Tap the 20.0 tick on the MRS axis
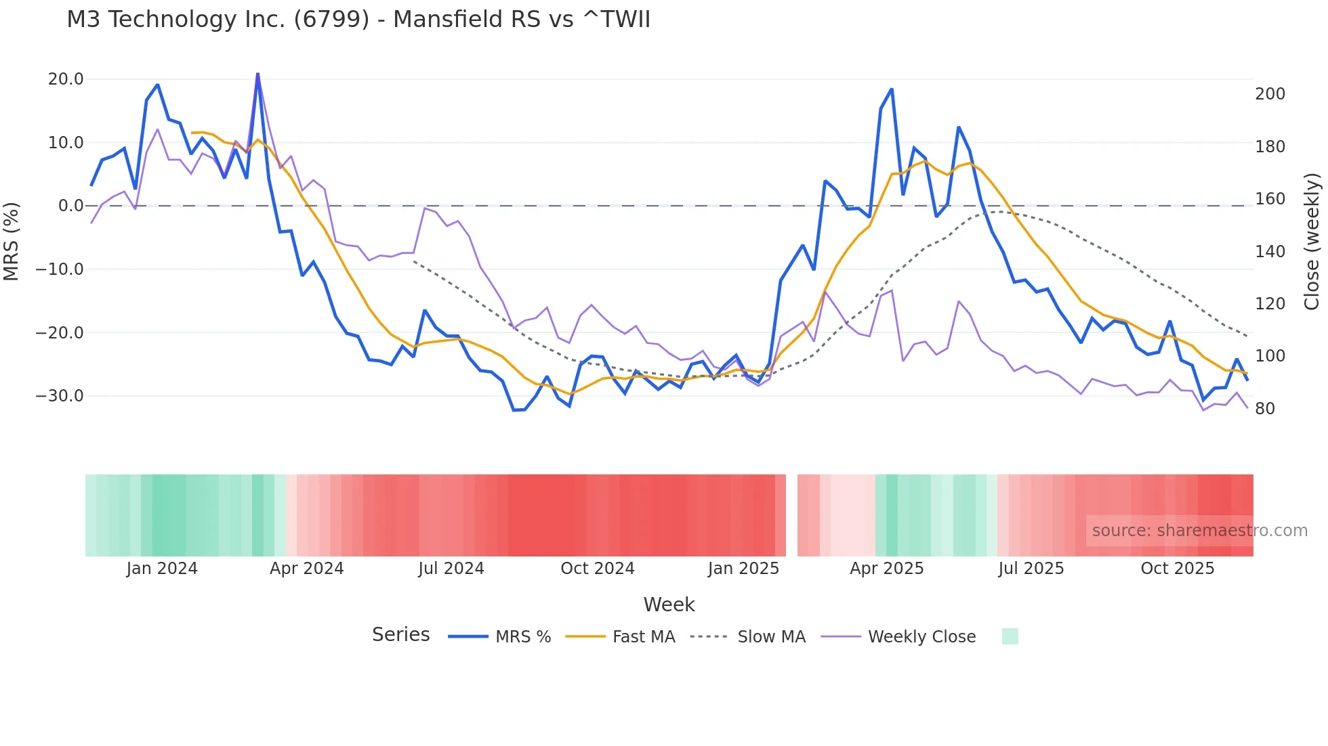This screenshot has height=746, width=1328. click(66, 79)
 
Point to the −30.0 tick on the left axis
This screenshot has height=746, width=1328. click(60, 396)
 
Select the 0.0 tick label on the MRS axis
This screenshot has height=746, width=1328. click(70, 206)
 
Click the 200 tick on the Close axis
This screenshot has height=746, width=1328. click(1270, 94)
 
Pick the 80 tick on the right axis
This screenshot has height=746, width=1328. click(1264, 409)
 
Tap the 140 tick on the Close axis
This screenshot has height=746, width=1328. click(1270, 252)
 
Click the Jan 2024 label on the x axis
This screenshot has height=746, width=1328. click(162, 569)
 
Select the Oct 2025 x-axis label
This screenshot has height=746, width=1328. click(1177, 569)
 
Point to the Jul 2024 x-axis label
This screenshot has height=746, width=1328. click(451, 569)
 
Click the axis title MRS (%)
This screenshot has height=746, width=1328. click(12, 241)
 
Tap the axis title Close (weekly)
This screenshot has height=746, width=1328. click(1312, 241)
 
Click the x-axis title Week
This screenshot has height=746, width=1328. click(669, 605)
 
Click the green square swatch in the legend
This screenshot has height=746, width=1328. click(1010, 636)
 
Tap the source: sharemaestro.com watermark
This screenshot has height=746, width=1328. click(1199, 531)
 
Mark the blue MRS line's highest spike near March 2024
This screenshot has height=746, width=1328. click(257, 74)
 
